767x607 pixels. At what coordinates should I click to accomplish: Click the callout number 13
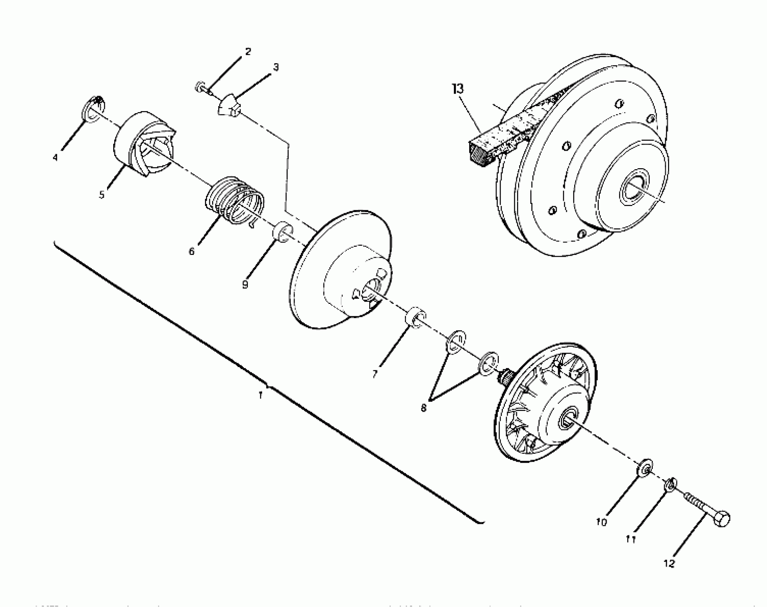(x=457, y=89)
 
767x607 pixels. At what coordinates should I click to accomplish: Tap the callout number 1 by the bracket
(x=261, y=395)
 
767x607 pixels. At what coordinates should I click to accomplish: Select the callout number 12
(x=669, y=563)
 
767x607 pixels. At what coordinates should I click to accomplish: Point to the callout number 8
(x=423, y=408)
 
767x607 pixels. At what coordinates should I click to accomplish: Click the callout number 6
(x=192, y=251)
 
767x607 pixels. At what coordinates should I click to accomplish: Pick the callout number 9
(x=245, y=285)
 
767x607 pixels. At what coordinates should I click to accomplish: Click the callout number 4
(x=55, y=157)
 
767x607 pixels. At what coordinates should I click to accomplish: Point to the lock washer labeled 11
(x=670, y=485)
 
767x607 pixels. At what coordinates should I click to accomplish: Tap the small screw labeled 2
(x=201, y=87)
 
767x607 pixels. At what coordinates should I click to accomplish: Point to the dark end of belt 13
(x=478, y=156)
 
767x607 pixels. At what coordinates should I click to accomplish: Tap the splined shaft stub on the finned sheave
(x=506, y=376)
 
